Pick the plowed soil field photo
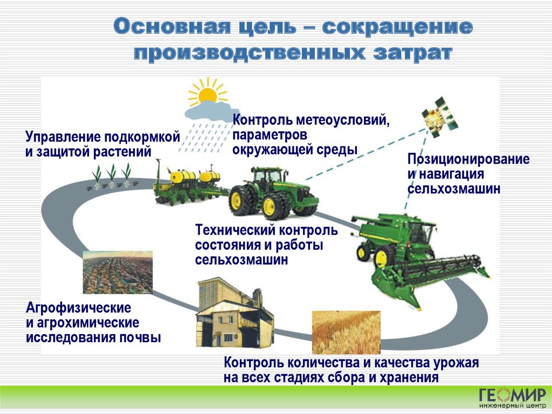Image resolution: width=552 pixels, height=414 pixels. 118,272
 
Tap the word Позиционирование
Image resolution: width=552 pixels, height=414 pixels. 468,159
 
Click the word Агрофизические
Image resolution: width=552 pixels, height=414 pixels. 79,308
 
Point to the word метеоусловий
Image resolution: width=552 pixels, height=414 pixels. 342,120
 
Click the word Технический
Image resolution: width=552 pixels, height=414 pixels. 236,230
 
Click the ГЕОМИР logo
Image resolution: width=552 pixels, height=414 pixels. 513,395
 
